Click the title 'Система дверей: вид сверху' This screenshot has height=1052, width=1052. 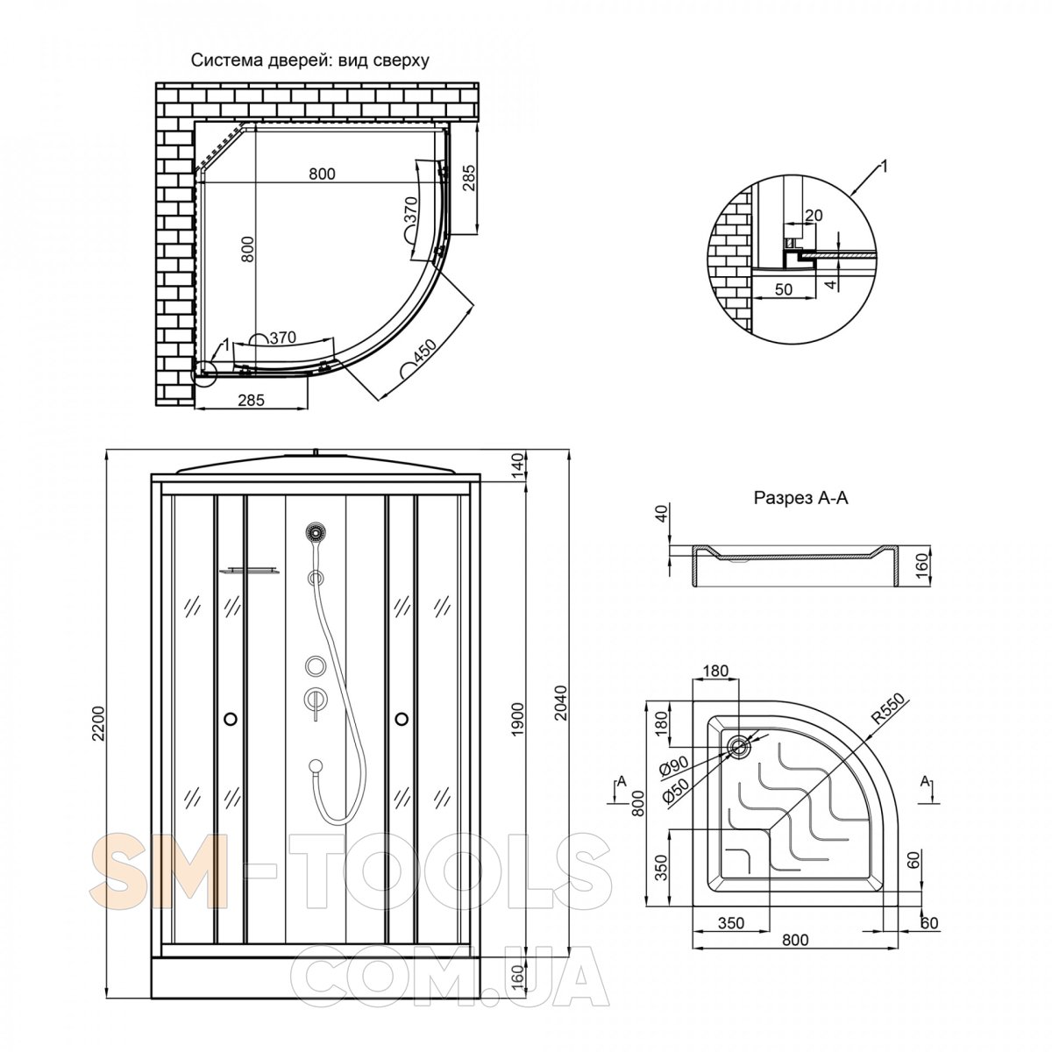[309, 60]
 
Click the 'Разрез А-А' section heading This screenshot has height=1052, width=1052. [801, 498]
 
